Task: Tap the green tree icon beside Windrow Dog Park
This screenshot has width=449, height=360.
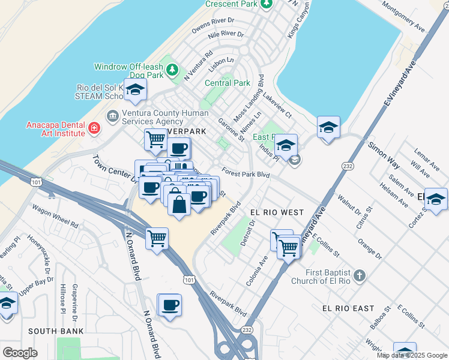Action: coord(172,70)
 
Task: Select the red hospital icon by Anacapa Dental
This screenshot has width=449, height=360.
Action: coord(94,128)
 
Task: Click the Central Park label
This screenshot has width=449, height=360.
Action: coord(227,83)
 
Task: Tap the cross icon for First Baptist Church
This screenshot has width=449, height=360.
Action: coord(359,276)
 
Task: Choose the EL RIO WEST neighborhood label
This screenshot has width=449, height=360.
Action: coord(277,212)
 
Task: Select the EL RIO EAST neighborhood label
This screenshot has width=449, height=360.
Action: coord(348,308)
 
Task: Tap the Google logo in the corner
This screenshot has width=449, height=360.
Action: coord(20,352)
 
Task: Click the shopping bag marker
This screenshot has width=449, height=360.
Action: coord(179,204)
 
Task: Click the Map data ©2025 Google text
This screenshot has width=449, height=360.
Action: coord(412,355)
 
